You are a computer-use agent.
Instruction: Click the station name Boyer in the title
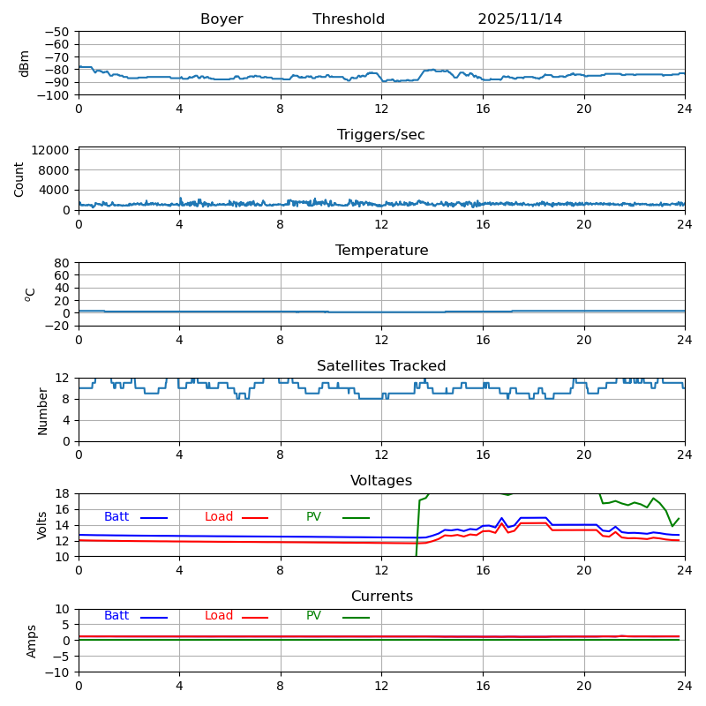[x=222, y=19]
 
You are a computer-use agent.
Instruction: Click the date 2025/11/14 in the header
[x=520, y=19]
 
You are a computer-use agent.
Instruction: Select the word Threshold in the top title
[x=349, y=19]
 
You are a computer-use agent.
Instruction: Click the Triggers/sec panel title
[x=381, y=135]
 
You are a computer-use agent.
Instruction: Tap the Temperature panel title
[x=381, y=251]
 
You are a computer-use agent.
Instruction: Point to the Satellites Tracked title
[x=381, y=366]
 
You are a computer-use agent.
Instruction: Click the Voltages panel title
[x=381, y=481]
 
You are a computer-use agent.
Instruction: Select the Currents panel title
[x=381, y=597]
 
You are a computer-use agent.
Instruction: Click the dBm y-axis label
[x=25, y=63]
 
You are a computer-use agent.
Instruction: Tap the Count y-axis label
[x=19, y=178]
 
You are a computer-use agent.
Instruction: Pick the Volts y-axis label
[x=42, y=525]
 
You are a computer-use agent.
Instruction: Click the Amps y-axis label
[x=32, y=641]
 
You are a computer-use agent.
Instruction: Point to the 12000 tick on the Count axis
[x=54, y=151]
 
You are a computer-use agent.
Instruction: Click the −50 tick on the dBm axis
[x=58, y=32]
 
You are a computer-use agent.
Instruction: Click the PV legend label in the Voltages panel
[x=314, y=517]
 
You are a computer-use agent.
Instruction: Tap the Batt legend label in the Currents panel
[x=116, y=616]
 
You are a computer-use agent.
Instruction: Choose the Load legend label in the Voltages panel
[x=219, y=517]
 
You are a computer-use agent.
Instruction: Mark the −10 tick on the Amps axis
[x=58, y=672]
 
